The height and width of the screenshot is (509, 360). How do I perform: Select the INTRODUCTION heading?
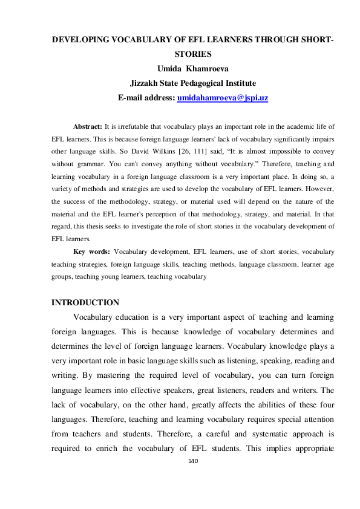tap(85, 302)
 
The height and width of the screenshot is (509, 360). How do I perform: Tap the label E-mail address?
tap(146, 96)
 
